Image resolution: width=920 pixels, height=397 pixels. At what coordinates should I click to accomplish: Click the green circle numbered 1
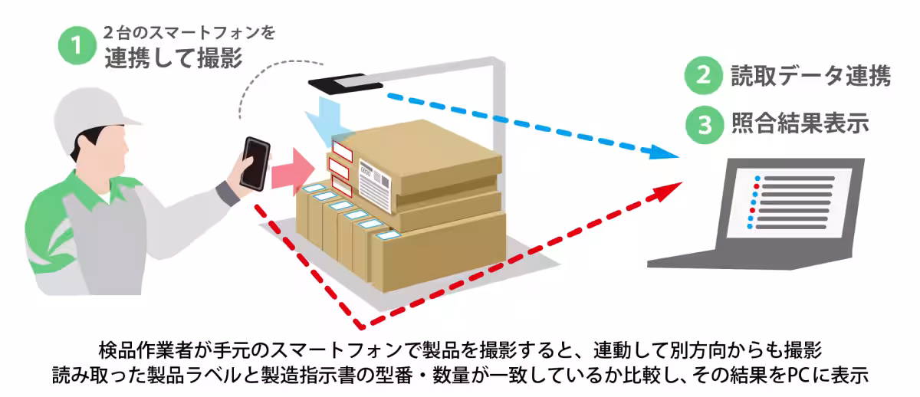click(77, 45)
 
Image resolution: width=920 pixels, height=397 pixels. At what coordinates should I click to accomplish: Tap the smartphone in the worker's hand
click(255, 162)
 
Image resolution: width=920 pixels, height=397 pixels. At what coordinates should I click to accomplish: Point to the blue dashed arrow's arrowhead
click(669, 153)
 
